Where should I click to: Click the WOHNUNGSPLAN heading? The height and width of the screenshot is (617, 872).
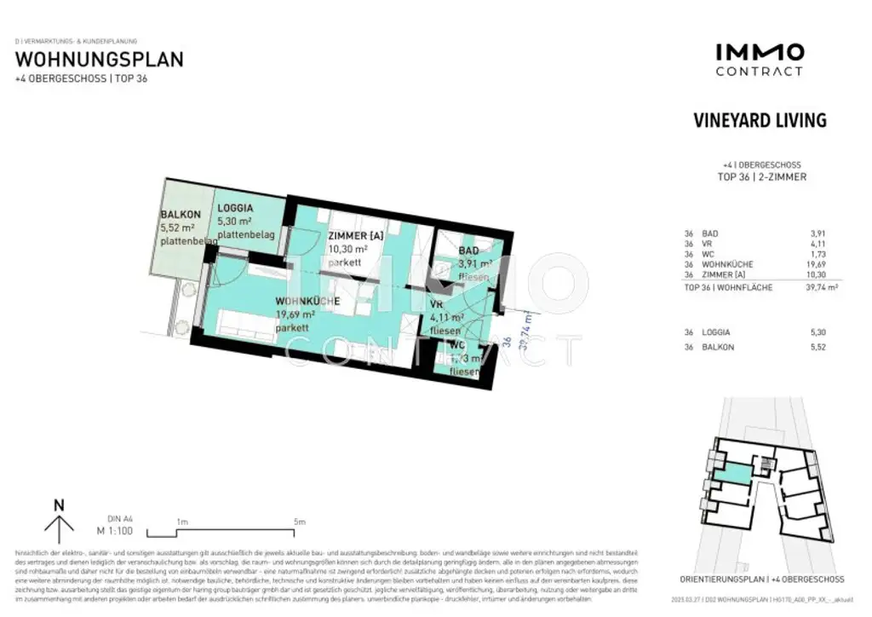[100, 60]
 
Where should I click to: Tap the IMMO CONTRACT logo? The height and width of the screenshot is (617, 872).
[759, 60]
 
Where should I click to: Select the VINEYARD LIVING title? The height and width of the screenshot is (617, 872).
[760, 120]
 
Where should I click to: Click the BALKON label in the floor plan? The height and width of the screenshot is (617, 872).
[180, 215]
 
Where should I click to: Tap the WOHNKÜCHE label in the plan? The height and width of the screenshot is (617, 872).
[307, 301]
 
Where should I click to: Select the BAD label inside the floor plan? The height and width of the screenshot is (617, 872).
[468, 251]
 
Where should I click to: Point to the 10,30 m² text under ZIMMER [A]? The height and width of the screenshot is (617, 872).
[347, 250]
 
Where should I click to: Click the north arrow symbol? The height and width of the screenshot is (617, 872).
[59, 521]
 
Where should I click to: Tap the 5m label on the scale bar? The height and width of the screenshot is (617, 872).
[300, 522]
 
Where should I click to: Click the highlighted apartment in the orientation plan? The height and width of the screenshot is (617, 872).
[731, 473]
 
